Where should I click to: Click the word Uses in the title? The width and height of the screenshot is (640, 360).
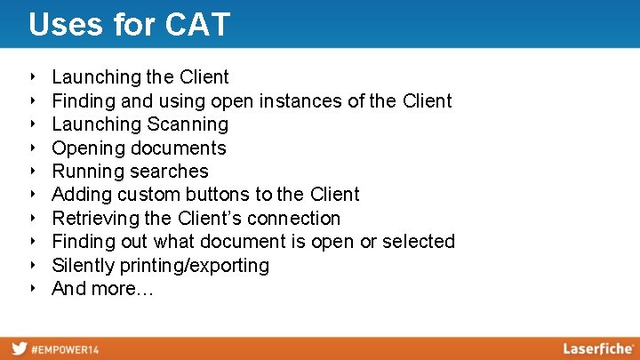click(61, 24)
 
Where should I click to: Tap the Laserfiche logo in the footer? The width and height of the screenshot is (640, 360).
click(598, 348)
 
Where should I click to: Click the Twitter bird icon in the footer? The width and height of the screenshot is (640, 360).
click(19, 348)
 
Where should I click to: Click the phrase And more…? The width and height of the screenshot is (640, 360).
click(102, 289)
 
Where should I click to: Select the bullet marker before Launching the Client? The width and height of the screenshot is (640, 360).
click(32, 77)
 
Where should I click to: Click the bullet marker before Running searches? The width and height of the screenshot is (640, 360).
click(32, 172)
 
